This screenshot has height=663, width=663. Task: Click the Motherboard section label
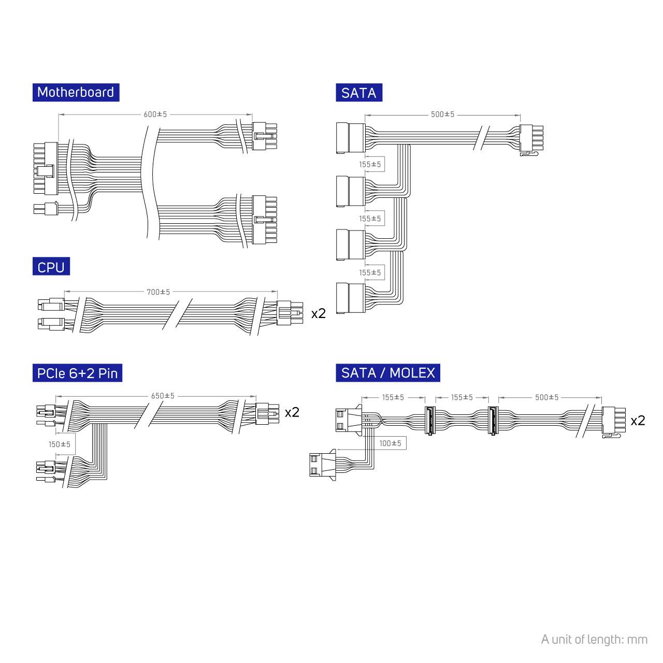76,92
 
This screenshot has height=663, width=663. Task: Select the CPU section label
51,267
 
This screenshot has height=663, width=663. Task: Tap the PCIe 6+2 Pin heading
77,373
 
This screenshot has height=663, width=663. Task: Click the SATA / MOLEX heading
388,373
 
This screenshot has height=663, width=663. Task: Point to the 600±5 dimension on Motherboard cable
155,114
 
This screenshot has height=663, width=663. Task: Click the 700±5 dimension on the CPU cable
158,292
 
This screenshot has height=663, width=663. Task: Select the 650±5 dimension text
163,396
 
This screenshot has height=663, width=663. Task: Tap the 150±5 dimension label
60,444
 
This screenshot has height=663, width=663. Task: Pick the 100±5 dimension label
390,443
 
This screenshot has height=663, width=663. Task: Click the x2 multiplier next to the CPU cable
318,313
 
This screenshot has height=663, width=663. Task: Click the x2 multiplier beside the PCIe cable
292,412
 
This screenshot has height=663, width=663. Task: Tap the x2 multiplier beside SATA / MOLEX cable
638,421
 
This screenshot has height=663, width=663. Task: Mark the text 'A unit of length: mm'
594,639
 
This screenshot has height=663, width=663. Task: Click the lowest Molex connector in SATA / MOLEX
322,464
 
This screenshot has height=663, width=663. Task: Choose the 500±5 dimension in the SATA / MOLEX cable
546,397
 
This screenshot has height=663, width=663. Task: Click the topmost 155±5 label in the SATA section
370,165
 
